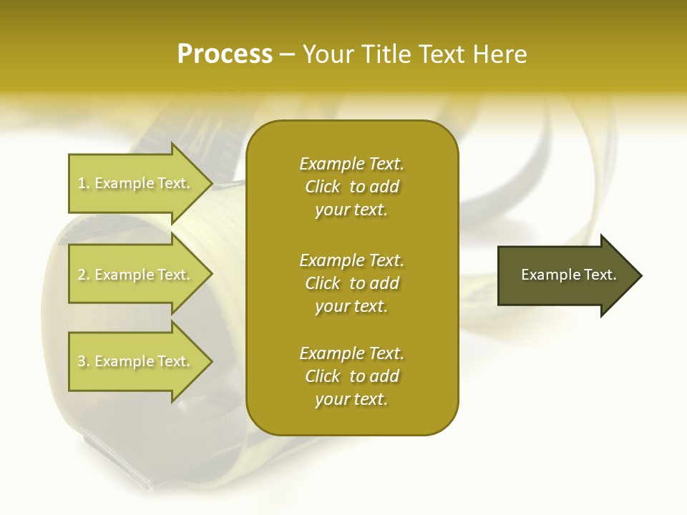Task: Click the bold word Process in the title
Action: [225, 54]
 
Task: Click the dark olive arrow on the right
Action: [565, 275]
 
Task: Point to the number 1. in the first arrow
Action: [84, 183]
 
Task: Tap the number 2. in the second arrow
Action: [84, 275]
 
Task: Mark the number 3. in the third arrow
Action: [84, 361]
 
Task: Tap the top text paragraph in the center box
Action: [351, 187]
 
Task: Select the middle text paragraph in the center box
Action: [351, 283]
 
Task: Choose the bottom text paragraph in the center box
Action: [351, 376]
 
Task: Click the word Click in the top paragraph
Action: [323, 187]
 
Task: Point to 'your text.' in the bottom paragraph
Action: [351, 400]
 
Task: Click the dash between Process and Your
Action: [287, 54]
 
